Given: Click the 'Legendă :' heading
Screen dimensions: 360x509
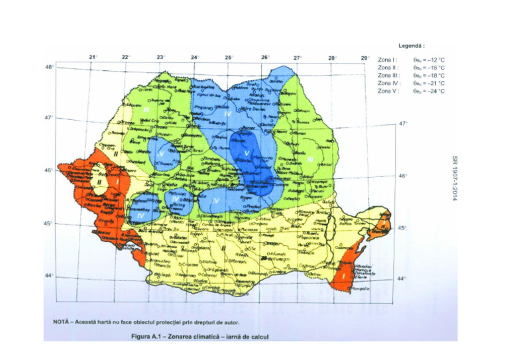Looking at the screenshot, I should point(411,46).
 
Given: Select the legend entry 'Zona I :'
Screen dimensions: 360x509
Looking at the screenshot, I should point(388,60).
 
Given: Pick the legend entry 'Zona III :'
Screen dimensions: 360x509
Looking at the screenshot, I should point(388,76).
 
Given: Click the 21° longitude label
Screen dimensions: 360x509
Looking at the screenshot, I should point(93,57).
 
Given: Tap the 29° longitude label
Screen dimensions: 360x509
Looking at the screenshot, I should point(365,58).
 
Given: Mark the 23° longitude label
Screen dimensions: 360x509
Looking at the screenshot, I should point(160,58).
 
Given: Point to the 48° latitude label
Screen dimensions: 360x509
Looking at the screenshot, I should point(49,67).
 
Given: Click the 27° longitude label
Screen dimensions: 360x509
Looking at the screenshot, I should point(298,58).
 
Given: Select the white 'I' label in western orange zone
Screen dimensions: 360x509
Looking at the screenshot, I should point(118,180).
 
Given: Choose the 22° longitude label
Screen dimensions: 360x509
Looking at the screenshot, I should point(125,58).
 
